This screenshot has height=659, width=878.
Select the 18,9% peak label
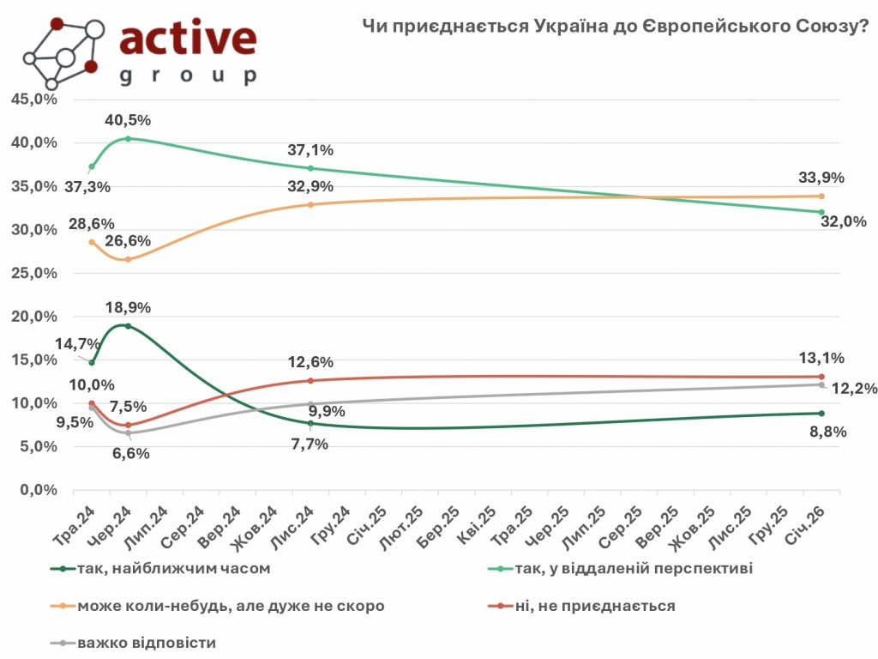click(x=129, y=306)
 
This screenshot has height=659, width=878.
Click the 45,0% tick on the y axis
click(x=33, y=100)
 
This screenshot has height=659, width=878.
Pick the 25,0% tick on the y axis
click(x=33, y=273)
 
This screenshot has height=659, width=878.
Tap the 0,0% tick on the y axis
click(x=37, y=490)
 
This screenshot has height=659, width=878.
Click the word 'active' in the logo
click(x=188, y=39)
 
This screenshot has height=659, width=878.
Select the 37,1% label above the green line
click(x=310, y=150)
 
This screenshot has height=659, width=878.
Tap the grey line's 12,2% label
click(x=854, y=389)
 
